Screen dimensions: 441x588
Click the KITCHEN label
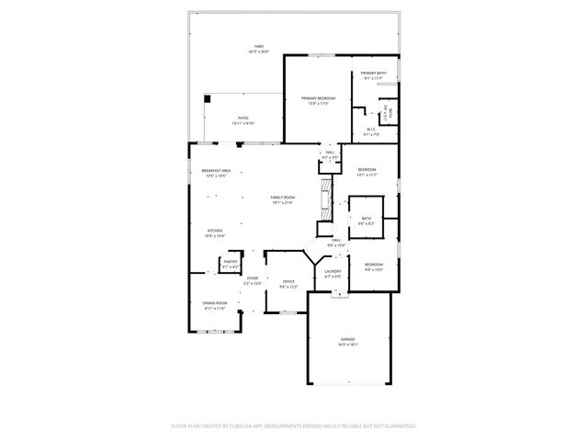(214, 232)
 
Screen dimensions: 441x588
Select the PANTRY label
(230, 263)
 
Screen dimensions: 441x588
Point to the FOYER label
(252, 279)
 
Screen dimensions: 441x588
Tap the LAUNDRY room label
(333, 272)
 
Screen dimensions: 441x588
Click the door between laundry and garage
(340, 293)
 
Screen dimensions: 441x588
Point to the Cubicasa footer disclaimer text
(294, 425)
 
